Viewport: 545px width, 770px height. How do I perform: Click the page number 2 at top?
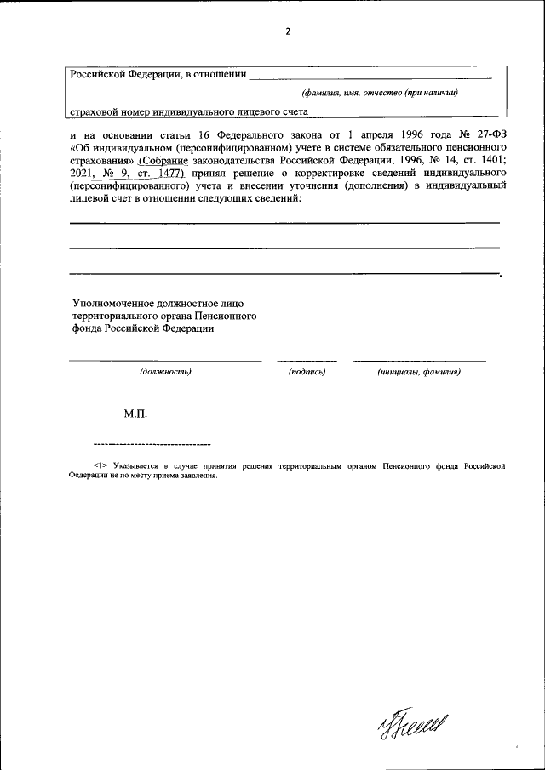pyautogui.click(x=288, y=32)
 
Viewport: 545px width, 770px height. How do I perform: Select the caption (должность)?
pyautogui.click(x=165, y=372)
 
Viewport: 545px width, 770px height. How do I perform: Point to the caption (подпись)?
pyautogui.click(x=307, y=372)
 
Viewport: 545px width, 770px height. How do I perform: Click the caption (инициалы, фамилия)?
pyautogui.click(x=419, y=372)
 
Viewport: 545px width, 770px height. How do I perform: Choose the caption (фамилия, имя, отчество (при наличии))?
pyautogui.click(x=380, y=93)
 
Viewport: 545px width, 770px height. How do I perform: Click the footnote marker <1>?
pyautogui.click(x=99, y=466)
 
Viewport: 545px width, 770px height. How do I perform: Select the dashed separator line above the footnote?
pyautogui.click(x=152, y=445)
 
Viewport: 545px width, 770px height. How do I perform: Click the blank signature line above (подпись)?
pyautogui.click(x=307, y=361)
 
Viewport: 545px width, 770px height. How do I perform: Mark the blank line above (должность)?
pyautogui.click(x=165, y=361)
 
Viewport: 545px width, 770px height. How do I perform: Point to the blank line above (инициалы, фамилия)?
pyautogui.click(x=419, y=361)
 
